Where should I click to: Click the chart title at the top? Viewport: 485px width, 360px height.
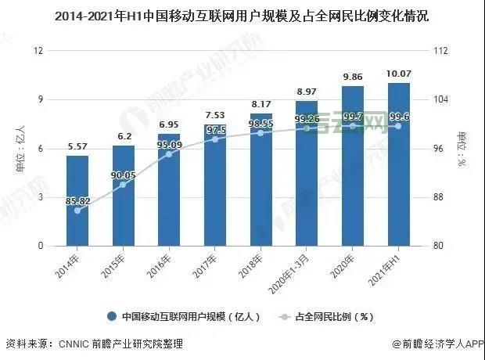point(242,16)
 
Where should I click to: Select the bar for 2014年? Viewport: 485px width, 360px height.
point(77,200)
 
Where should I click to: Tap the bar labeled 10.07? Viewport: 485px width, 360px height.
point(398,164)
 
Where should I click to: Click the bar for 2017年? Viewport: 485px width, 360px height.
point(214,185)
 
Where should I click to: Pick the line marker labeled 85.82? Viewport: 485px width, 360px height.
point(77,211)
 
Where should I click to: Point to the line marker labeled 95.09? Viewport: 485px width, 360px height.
point(169,154)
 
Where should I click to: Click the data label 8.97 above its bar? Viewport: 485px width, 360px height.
point(306,92)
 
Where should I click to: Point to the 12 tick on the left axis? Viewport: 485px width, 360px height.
point(38,51)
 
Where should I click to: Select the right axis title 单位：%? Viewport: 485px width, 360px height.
point(462,149)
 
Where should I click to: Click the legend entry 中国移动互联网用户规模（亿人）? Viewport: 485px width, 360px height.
point(183,317)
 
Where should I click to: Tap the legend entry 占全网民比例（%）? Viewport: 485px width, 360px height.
point(329,317)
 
